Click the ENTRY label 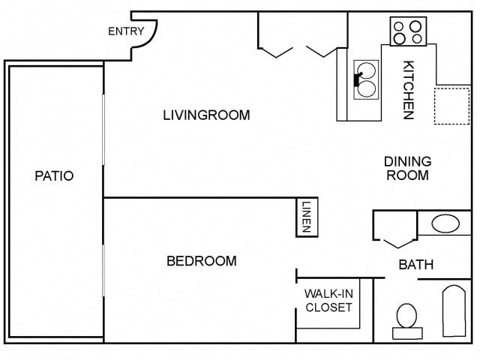[126, 31]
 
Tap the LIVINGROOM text [206, 115]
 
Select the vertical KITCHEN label [409, 89]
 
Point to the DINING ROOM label [407, 168]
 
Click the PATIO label [54, 175]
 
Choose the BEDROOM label [201, 261]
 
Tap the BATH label [415, 264]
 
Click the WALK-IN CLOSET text [328, 300]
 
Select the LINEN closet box [306, 217]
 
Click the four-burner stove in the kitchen [406, 31]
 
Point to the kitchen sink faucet [358, 79]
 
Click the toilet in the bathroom [406, 319]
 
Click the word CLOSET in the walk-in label [328, 307]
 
